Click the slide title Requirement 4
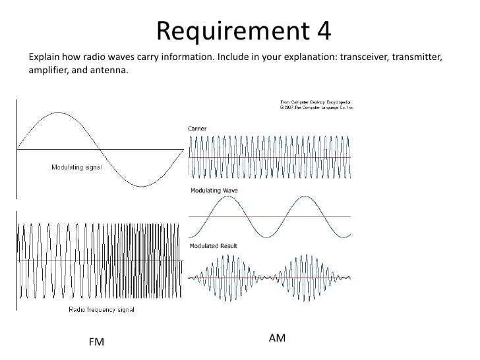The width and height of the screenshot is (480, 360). [x=244, y=29]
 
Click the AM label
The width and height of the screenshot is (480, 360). [x=278, y=338]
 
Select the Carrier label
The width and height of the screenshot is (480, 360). [x=198, y=128]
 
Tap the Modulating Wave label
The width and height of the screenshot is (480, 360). [x=214, y=191]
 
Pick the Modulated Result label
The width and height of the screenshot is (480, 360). [x=214, y=246]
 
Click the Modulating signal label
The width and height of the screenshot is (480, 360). [x=77, y=166]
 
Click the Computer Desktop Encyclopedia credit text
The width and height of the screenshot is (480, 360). [x=317, y=104]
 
